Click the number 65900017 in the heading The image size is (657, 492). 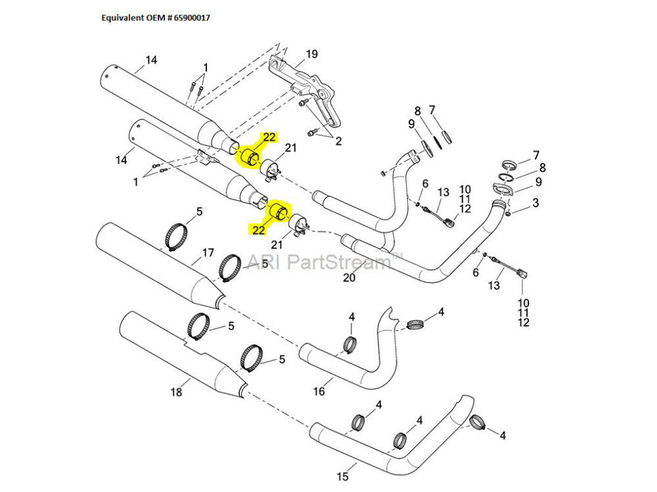click(198, 18)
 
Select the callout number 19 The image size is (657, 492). click(311, 54)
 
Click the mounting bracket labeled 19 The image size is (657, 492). click(309, 92)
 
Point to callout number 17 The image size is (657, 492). click(208, 253)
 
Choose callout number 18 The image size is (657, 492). click(175, 392)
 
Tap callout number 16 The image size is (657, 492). click(319, 392)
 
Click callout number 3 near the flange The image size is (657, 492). click(535, 203)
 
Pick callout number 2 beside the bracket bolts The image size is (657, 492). click(339, 141)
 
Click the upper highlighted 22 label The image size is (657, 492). click(269, 137)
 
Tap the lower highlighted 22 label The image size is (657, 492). click(257, 230)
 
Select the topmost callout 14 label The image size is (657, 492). click(151, 60)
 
